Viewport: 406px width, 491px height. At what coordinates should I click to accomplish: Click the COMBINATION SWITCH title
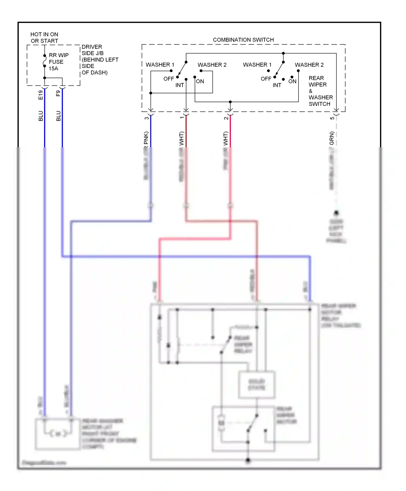(243, 40)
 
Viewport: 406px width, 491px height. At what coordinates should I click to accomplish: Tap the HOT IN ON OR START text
(44, 38)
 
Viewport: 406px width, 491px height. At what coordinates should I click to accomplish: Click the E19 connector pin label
(41, 95)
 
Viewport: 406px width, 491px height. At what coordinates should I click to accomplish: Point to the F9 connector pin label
(58, 93)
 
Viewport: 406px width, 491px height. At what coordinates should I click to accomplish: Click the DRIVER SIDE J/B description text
(100, 60)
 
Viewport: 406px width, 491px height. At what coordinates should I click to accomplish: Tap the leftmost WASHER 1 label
(160, 65)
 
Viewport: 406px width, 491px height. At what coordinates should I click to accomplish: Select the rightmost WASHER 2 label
(309, 65)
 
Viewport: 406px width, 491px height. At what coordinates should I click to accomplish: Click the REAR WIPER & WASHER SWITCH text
(320, 91)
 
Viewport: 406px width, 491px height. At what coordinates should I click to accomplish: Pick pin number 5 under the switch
(332, 118)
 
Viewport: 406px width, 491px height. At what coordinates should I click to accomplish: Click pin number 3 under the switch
(147, 118)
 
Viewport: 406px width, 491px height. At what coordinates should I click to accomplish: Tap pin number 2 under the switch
(226, 118)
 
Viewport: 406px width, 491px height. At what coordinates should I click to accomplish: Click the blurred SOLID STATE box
(257, 385)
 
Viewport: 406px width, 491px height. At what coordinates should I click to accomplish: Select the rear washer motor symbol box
(58, 434)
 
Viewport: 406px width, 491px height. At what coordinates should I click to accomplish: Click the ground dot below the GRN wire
(336, 213)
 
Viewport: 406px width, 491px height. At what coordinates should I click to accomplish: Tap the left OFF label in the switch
(168, 79)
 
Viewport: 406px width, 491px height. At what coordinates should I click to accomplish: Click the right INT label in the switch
(277, 85)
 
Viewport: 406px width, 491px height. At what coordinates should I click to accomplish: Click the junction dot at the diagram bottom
(248, 460)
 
